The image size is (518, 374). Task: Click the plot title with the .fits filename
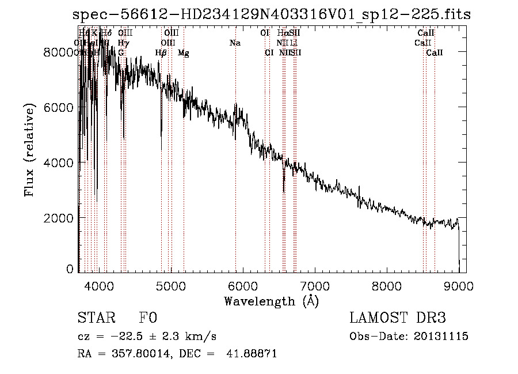[272, 14]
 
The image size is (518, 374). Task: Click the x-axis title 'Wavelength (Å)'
[271, 301]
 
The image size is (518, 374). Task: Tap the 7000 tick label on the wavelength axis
[315, 285]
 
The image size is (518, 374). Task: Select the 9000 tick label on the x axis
[459, 285]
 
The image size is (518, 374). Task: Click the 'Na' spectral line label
[235, 43]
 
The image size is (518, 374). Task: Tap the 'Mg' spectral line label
[184, 53]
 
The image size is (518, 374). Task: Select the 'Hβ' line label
[161, 53]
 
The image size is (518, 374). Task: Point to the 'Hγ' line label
[123, 43]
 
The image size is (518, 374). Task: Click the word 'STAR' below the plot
[96, 319]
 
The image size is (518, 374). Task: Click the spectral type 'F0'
[148, 319]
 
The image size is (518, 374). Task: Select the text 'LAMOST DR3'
[398, 318]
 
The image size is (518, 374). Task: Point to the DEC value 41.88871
[252, 354]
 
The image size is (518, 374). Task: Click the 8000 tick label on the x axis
[387, 285]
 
